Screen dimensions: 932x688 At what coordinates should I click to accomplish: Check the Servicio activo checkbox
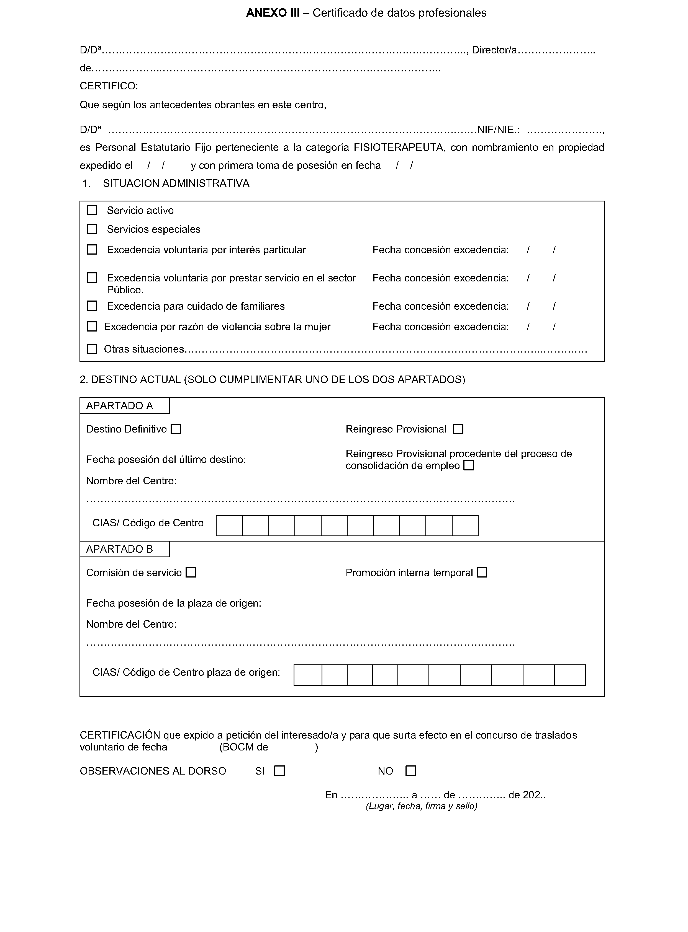tap(92, 210)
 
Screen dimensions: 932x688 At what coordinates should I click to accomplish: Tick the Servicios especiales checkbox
tap(92, 229)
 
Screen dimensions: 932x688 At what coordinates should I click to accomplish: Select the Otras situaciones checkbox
tap(92, 349)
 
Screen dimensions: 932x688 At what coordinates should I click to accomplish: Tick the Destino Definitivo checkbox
tap(176, 429)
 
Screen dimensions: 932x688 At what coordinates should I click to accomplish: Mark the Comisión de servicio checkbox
tap(191, 573)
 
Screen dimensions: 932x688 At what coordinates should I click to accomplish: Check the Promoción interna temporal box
tap(482, 573)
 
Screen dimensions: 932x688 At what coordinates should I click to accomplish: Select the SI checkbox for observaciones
tap(279, 771)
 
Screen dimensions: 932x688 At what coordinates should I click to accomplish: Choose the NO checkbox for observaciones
tap(411, 771)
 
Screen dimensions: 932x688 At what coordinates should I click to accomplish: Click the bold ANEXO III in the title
tap(273, 13)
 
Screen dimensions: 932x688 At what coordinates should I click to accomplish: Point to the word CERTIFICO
tap(109, 86)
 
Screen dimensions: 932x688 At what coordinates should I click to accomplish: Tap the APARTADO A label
tap(120, 406)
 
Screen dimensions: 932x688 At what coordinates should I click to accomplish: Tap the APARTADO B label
tap(120, 549)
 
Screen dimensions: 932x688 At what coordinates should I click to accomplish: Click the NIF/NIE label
tap(498, 130)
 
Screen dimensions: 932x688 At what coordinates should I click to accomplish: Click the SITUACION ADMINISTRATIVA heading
tap(176, 183)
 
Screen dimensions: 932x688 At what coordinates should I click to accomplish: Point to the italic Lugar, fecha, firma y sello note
tap(422, 806)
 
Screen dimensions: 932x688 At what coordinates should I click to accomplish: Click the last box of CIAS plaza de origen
tap(570, 675)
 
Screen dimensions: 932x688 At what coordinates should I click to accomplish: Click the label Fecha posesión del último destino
tap(166, 460)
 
